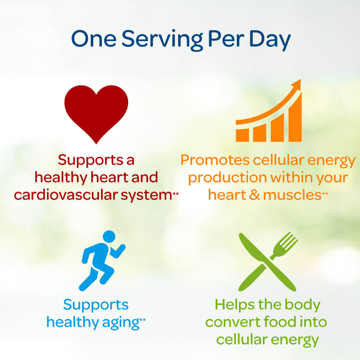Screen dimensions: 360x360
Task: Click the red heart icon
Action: pos(96,112)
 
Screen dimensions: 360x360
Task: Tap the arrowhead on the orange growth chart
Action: pos(297,84)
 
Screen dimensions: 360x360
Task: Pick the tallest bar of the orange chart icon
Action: pos(295,117)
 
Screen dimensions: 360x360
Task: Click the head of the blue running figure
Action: pos(109,237)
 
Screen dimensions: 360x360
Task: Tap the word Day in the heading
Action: pos(270,40)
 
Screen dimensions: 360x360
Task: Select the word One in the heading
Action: pos(94,39)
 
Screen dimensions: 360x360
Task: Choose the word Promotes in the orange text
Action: pos(215,160)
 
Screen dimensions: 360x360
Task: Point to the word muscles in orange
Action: pos(292,195)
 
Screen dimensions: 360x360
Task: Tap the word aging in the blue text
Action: pos(121,323)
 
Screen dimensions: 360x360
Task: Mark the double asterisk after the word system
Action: pos(176,194)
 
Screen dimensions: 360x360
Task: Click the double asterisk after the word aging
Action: pos(143,320)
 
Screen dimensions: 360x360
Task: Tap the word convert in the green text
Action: pos(233,322)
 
